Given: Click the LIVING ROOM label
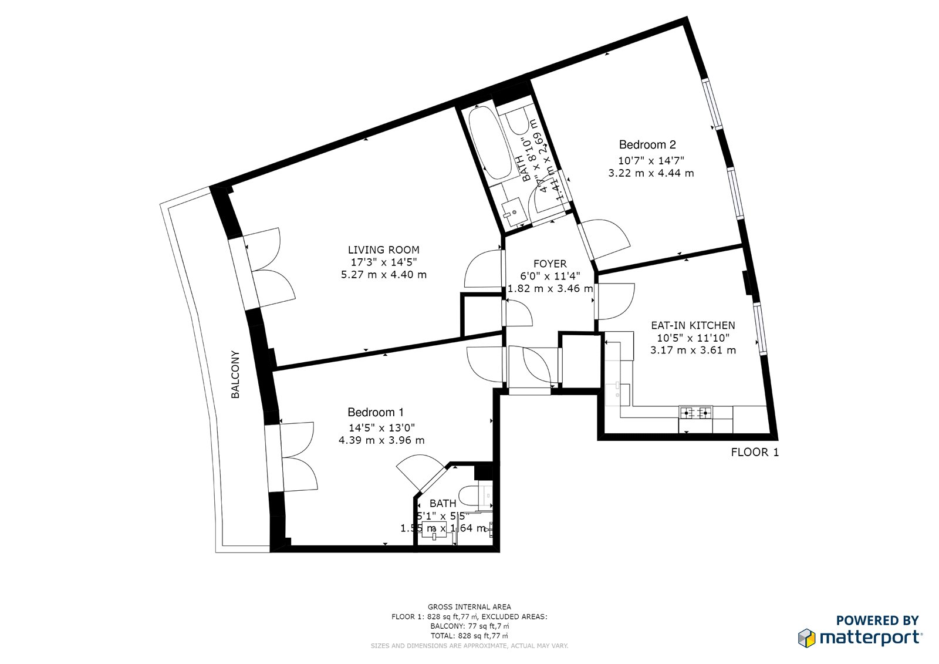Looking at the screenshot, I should coord(383,250).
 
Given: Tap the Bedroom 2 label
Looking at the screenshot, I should coord(647,144).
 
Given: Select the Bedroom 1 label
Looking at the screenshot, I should coord(376,412).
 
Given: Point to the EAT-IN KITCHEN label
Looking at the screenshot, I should coord(693,325).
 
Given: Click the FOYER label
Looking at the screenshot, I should coord(550,264).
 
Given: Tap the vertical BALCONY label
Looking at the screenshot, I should coord(235,375).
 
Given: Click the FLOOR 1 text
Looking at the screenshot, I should coord(755,452).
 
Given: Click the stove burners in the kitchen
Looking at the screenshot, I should coord(695,412).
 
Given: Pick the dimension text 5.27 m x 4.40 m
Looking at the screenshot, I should coord(383,275).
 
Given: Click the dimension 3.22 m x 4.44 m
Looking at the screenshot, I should coord(651,173).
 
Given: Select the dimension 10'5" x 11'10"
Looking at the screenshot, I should coord(693,338).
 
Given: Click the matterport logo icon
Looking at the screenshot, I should coord(806,638).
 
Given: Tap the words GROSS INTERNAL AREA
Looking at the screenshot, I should coord(469,607).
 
